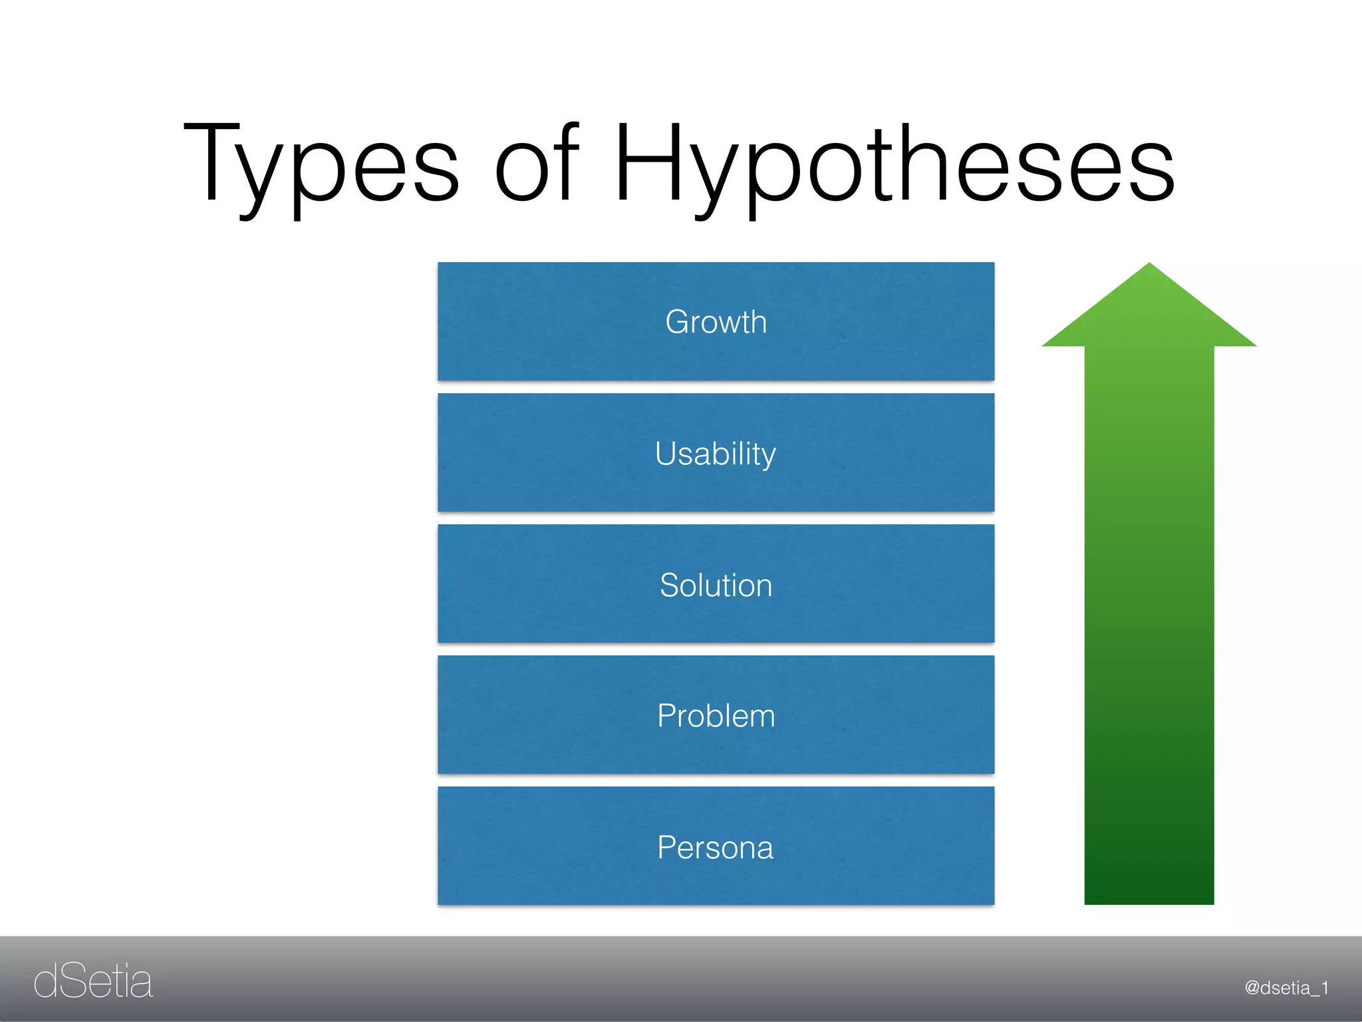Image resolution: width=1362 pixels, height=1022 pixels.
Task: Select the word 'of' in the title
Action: [537, 163]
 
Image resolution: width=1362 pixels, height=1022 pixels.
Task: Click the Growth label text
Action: [716, 322]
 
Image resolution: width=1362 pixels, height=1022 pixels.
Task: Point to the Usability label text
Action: [716, 454]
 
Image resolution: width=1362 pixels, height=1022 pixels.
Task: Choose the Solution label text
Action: [716, 586]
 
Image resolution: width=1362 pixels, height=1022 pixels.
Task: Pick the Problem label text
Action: [716, 716]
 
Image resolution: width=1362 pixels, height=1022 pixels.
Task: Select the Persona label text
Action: [716, 848]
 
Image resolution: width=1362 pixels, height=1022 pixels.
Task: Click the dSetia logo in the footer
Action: [93, 981]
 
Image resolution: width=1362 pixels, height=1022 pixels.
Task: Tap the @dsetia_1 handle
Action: [1286, 988]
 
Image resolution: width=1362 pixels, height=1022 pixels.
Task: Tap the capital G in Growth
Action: [679, 322]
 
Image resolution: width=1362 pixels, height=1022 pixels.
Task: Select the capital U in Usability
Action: [667, 454]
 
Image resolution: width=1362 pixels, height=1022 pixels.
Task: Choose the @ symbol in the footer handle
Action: [1252, 988]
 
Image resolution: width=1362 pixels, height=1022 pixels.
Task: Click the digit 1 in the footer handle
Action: [1324, 988]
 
